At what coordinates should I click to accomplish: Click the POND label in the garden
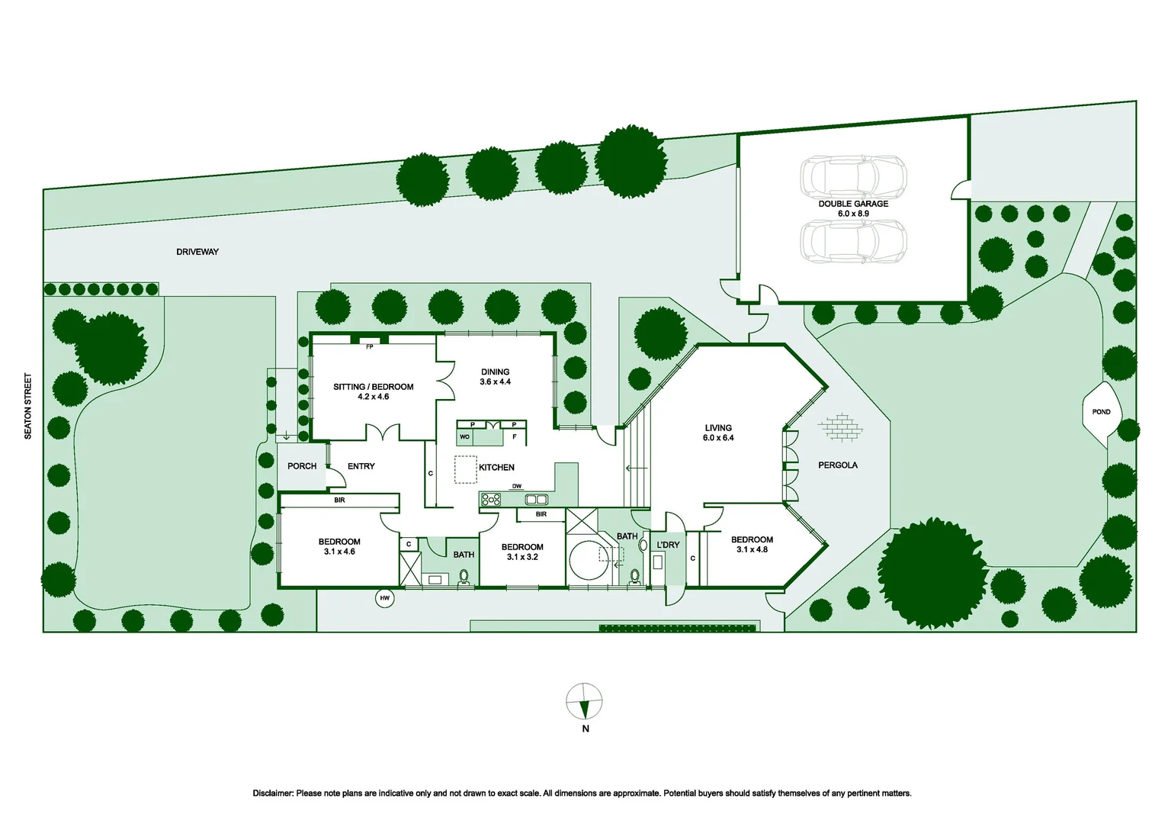tap(1101, 412)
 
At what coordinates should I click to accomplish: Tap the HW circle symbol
tap(385, 598)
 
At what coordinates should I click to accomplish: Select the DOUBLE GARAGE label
tap(853, 204)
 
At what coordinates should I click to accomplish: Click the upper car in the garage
tap(853, 176)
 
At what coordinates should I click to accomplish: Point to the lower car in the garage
tap(853, 241)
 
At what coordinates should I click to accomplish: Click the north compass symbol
tap(584, 701)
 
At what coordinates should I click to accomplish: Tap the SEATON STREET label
tap(28, 406)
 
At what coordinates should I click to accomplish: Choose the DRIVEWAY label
tap(197, 252)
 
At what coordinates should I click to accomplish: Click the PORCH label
tap(302, 466)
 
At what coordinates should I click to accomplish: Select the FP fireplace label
tap(370, 346)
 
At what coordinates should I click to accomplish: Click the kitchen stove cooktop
tap(491, 500)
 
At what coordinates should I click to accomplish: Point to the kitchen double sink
tap(536, 500)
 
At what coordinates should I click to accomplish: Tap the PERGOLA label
tap(838, 465)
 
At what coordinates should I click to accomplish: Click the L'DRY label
tap(668, 545)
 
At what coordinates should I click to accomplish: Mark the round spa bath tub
tap(589, 561)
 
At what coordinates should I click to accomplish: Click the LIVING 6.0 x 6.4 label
tap(718, 433)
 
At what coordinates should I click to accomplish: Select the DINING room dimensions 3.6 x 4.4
tap(496, 381)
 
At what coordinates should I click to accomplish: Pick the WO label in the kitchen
tap(464, 437)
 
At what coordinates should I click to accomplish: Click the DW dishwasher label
tap(517, 486)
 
